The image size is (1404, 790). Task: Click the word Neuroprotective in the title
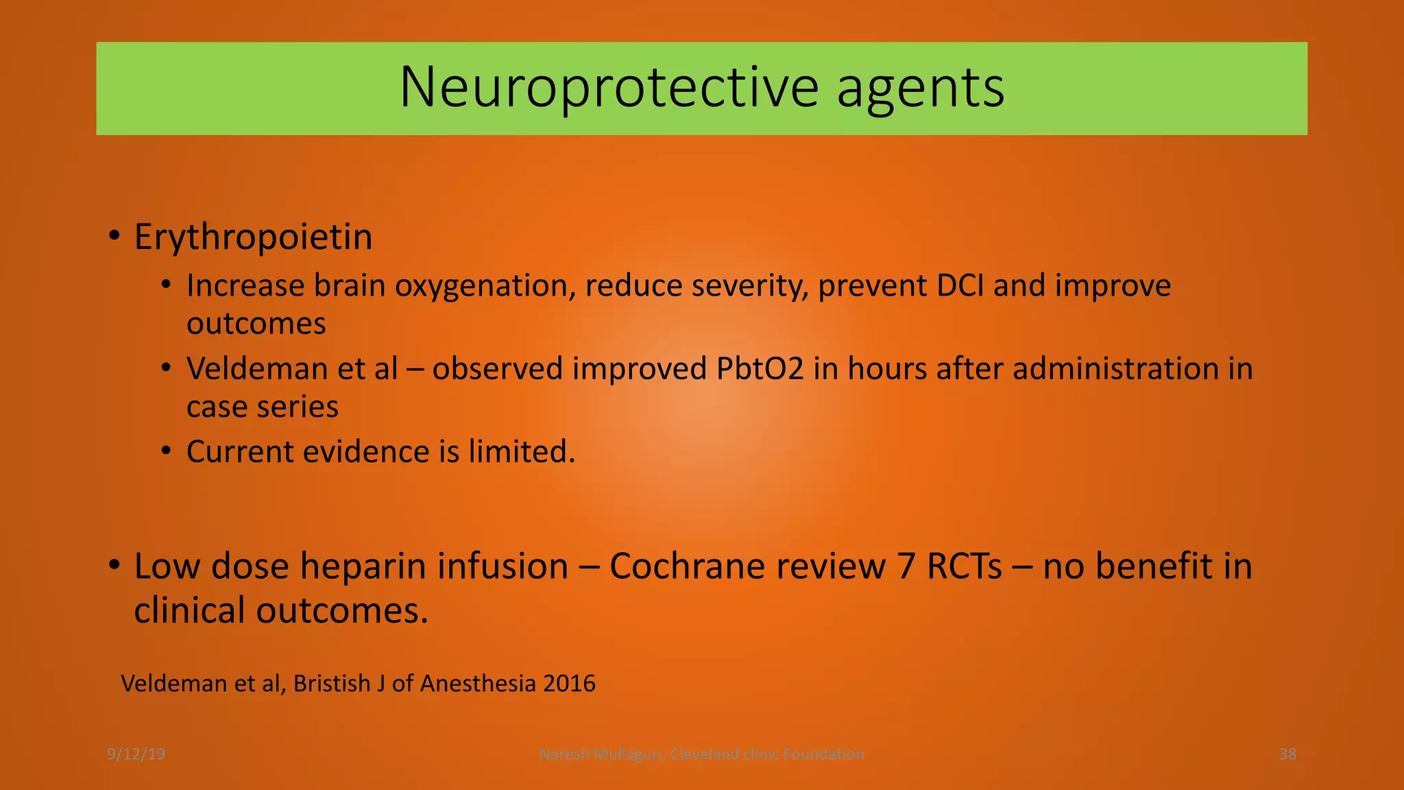tap(609, 88)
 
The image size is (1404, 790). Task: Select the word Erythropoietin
tap(253, 237)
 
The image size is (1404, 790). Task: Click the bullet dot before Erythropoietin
tap(114, 237)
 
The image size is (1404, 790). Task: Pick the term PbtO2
tap(760, 369)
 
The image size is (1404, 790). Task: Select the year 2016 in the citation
tap(569, 684)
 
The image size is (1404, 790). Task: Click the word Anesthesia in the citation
tap(478, 684)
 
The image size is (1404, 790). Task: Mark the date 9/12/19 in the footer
tap(136, 754)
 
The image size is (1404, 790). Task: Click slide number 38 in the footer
tap(1287, 754)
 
